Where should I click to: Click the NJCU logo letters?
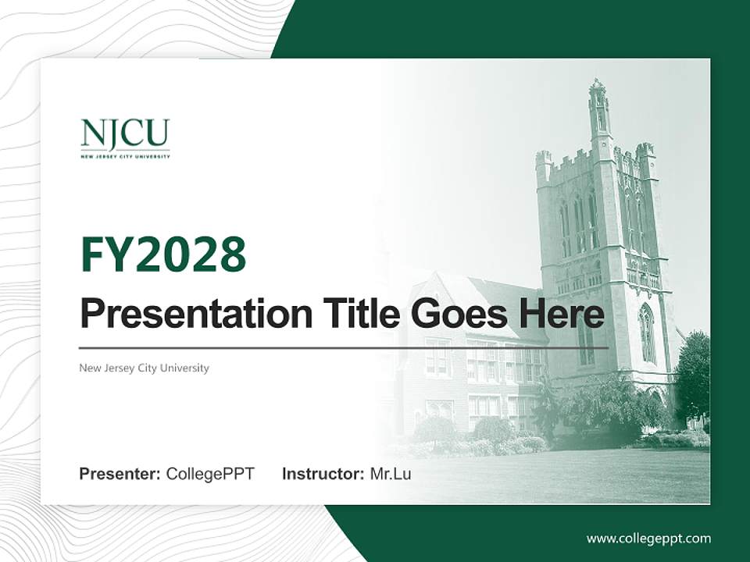pyautogui.click(x=124, y=134)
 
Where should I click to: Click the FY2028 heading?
pyautogui.click(x=163, y=254)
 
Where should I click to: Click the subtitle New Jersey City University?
pyautogui.click(x=144, y=368)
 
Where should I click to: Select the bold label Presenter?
pyautogui.click(x=120, y=474)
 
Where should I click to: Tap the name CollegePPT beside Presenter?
pyautogui.click(x=210, y=474)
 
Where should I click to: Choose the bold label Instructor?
pyautogui.click(x=323, y=474)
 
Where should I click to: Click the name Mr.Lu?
pyautogui.click(x=391, y=474)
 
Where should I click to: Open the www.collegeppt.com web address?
pyautogui.click(x=648, y=539)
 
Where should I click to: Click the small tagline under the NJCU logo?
pyautogui.click(x=124, y=156)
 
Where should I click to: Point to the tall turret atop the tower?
pyautogui.click(x=598, y=109)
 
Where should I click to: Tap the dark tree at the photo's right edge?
pyautogui.click(x=693, y=375)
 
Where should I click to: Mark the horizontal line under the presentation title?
pyautogui.click(x=344, y=347)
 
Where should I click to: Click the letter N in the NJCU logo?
pyautogui.click(x=91, y=134)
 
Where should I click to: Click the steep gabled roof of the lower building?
pyautogui.click(x=477, y=297)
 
